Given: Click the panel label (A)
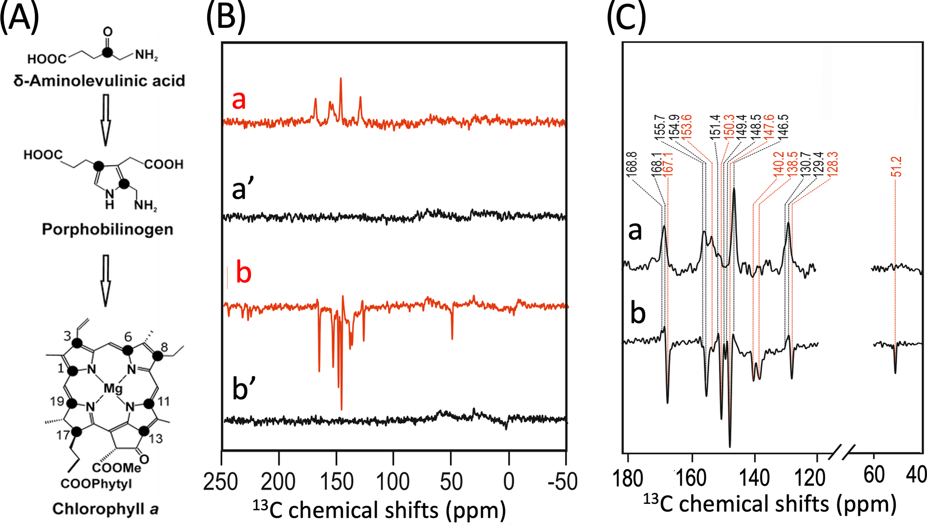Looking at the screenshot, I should click(20, 18).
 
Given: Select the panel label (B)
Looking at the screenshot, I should click(226, 18).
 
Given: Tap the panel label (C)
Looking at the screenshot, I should click(626, 18).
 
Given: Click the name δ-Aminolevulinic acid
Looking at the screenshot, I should click(99, 81).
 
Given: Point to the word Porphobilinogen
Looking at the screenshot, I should click(107, 229).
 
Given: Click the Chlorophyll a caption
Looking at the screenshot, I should click(105, 509).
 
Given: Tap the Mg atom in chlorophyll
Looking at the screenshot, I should click(113, 388).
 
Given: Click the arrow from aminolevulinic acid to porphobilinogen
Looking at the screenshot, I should click(105, 119).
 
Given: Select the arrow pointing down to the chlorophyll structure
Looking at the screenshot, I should click(105, 280).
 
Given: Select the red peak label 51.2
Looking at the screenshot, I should click(897, 166).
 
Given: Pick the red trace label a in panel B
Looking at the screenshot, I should click(239, 99).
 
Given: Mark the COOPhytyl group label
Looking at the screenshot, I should click(96, 484).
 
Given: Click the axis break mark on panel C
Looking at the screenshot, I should click(841, 452).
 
